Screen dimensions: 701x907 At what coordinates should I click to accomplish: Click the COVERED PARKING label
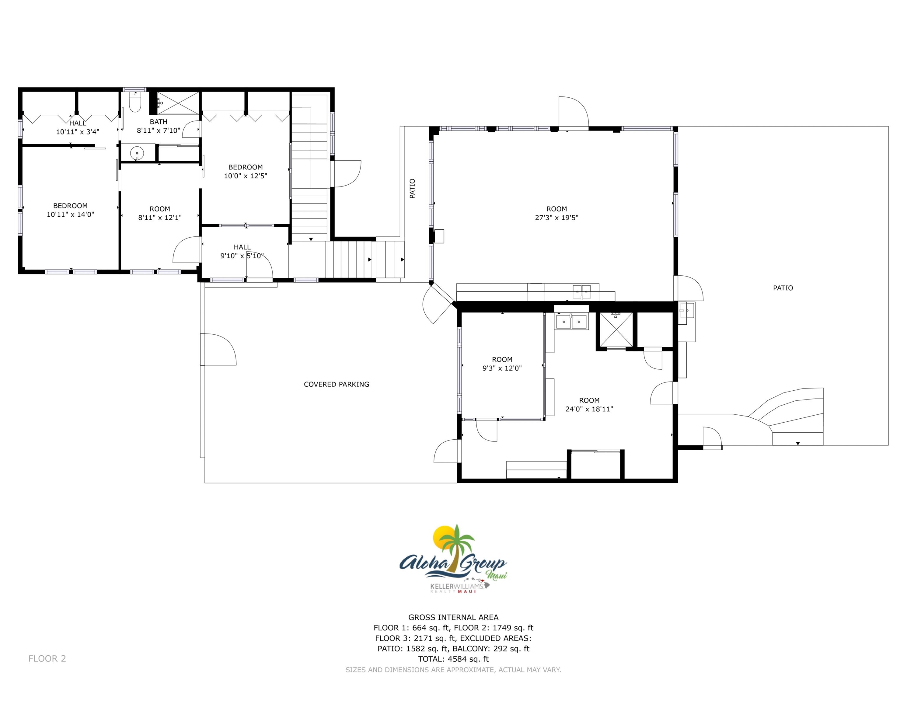point(337,384)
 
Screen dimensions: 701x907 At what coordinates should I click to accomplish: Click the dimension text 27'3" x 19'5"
point(556,218)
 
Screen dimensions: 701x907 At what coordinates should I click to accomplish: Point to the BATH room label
point(158,122)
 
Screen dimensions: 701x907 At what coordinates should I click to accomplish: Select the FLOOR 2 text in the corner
point(47,658)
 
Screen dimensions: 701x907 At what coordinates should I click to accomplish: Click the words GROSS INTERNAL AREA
point(453,617)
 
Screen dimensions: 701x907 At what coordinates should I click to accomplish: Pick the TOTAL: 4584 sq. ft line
point(453,659)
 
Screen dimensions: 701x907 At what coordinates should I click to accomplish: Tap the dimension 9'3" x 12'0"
point(502,368)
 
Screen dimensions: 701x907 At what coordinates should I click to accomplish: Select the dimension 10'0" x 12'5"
point(246,176)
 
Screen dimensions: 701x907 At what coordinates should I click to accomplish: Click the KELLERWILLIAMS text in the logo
point(457,586)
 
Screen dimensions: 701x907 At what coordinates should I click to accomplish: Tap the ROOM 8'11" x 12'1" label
point(160,213)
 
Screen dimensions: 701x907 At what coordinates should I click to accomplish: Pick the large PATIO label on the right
point(783,288)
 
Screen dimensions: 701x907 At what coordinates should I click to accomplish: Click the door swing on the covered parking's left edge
point(218,350)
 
